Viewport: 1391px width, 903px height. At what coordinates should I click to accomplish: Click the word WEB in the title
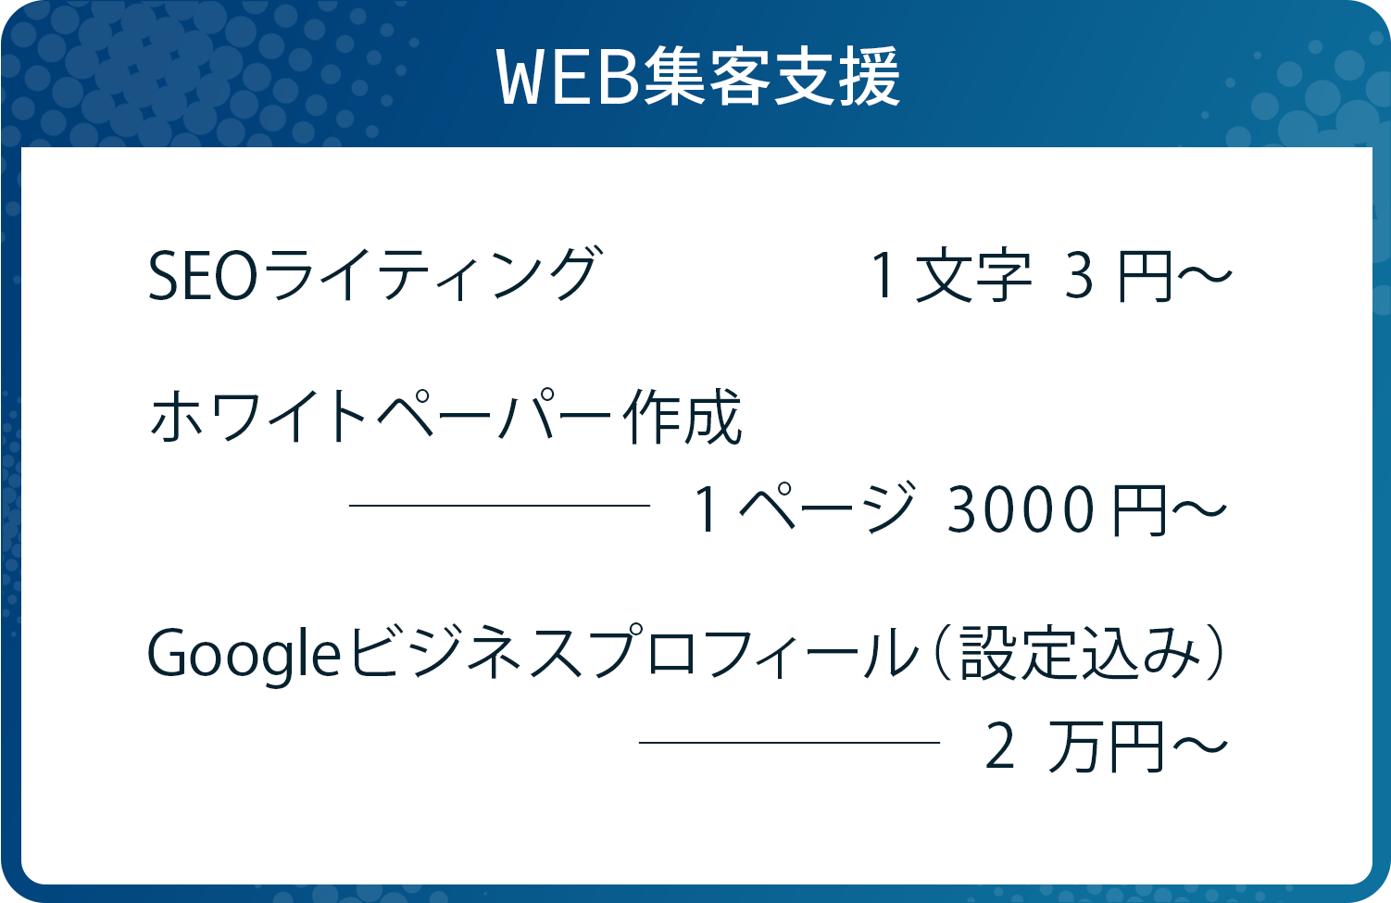pos(568,78)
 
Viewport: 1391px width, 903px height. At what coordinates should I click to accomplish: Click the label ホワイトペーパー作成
pos(445,417)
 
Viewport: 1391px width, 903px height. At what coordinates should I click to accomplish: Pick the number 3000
pos(1019,510)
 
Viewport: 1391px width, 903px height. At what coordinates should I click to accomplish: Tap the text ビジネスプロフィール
pos(633,651)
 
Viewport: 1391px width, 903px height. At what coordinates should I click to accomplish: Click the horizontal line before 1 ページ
pos(499,506)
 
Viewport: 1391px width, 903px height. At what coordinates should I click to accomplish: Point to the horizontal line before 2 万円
pos(789,742)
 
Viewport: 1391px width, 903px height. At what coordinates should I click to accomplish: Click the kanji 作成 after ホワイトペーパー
pos(683,417)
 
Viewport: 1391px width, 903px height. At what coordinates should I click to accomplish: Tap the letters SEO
pos(203,276)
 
